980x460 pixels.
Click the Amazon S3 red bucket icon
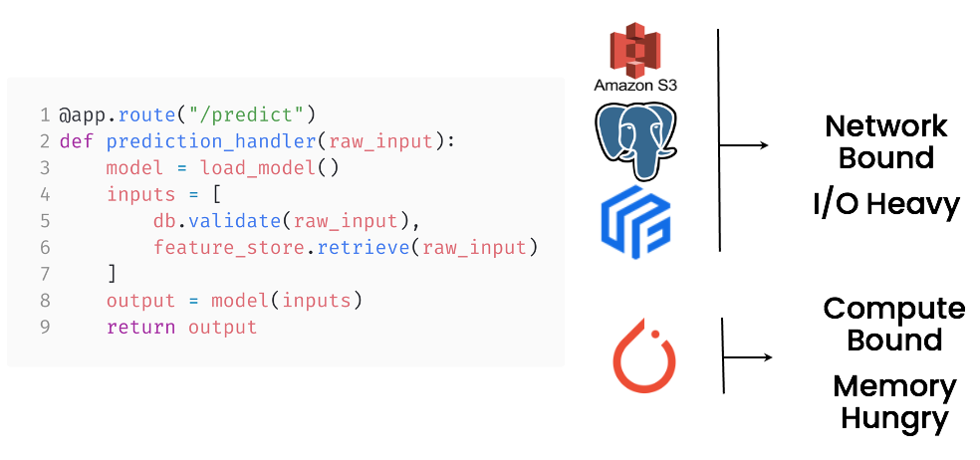point(635,50)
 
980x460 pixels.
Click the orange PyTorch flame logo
point(643,354)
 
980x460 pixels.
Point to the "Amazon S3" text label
point(635,86)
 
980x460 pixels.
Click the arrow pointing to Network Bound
point(744,145)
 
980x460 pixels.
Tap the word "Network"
point(886,126)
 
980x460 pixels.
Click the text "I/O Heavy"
point(885,204)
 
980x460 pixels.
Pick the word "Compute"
point(893,308)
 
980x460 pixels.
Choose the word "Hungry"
point(893,418)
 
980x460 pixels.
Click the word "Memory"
point(893,385)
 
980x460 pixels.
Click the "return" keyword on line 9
point(140,327)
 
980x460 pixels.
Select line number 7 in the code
point(45,274)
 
